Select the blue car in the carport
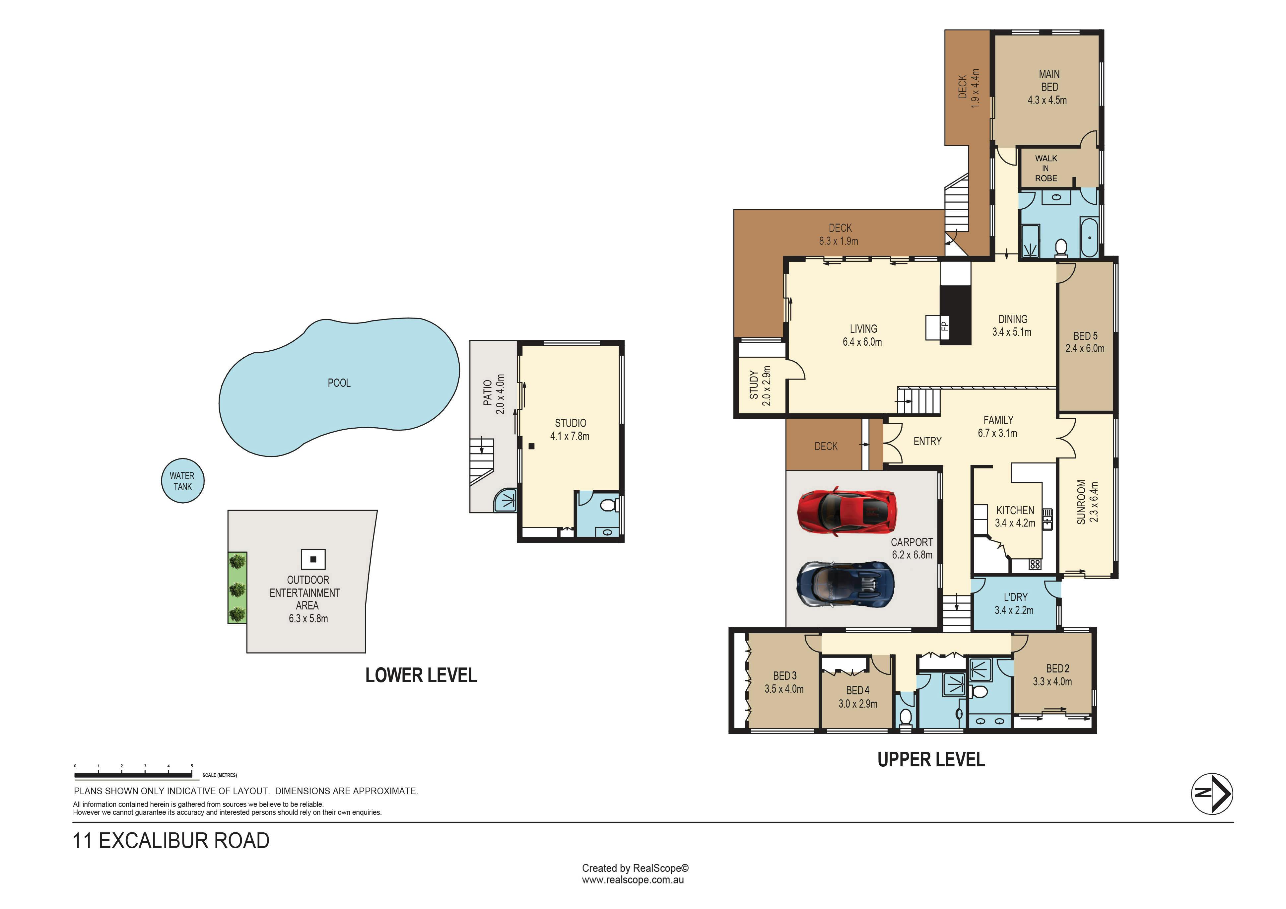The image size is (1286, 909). pyautogui.click(x=845, y=584)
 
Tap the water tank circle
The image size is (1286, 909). pyautogui.click(x=182, y=481)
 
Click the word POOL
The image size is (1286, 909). pyautogui.click(x=339, y=383)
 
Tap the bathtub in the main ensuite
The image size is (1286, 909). pyautogui.click(x=1089, y=238)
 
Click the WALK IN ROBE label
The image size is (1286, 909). pyautogui.click(x=1046, y=168)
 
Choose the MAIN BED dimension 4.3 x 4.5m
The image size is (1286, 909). pyautogui.click(x=1047, y=100)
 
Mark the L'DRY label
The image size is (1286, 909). pyautogui.click(x=1015, y=597)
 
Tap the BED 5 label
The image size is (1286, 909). pyautogui.click(x=1085, y=336)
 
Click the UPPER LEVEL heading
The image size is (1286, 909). pyautogui.click(x=931, y=759)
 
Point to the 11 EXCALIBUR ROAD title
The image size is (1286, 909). pyautogui.click(x=171, y=841)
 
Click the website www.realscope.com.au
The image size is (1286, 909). pyautogui.click(x=633, y=880)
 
